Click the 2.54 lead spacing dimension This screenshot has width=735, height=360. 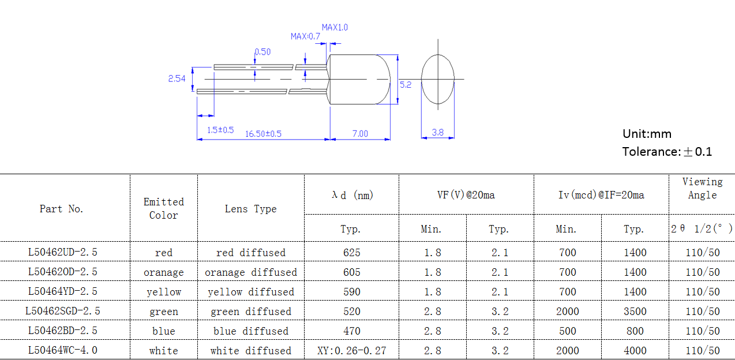coord(177,78)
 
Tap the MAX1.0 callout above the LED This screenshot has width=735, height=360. coord(335,27)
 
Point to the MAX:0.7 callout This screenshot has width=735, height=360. coord(305,36)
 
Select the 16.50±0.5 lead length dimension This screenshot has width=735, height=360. coord(263,133)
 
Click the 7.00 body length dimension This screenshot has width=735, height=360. coord(360,133)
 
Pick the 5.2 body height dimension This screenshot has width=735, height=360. coord(406,84)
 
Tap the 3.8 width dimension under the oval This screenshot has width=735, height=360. coord(438,132)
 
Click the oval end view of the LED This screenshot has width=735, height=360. coord(438,79)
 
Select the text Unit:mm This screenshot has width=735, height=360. coord(647,134)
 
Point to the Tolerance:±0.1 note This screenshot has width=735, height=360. coord(667,152)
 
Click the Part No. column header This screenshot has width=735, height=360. coord(62,209)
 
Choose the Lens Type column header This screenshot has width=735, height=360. coord(250,209)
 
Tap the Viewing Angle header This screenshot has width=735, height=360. coord(702,189)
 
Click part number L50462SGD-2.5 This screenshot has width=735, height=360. coord(63,311)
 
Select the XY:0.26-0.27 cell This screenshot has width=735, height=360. coord(351,350)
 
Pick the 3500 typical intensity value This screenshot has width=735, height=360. coord(635,312)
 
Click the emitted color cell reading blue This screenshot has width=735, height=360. coord(164,331)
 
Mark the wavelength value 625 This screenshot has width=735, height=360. coord(351,253)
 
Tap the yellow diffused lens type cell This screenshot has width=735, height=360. coord(251,292)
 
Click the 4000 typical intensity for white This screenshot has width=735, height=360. coord(635,351)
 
